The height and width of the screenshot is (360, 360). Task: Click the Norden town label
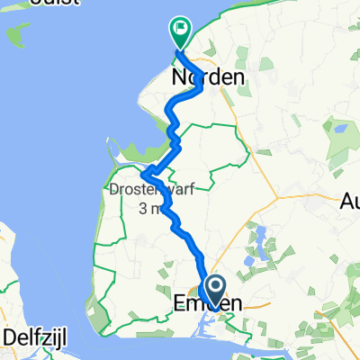point(207,78)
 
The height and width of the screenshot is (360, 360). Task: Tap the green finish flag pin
point(179,32)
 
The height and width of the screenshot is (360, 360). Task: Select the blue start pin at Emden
point(215,290)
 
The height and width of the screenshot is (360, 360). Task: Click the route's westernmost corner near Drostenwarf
point(144,173)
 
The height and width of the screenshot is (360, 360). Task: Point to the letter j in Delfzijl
point(55,337)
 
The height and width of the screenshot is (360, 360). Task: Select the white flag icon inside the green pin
point(180,29)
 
